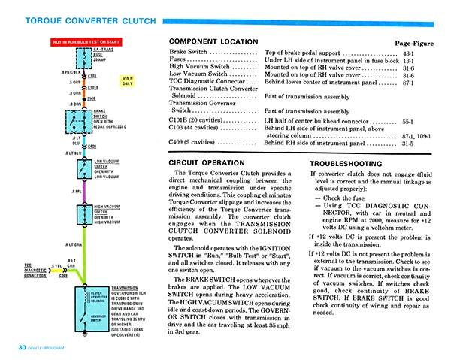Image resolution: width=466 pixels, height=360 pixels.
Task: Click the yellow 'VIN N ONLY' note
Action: [127, 81]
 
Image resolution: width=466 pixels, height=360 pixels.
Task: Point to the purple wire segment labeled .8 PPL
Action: [77, 192]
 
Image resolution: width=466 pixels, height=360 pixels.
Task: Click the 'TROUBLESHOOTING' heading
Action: [345, 163]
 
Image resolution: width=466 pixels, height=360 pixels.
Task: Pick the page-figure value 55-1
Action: [430, 120]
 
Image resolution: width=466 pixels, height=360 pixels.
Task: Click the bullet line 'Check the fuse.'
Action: [349, 197]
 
